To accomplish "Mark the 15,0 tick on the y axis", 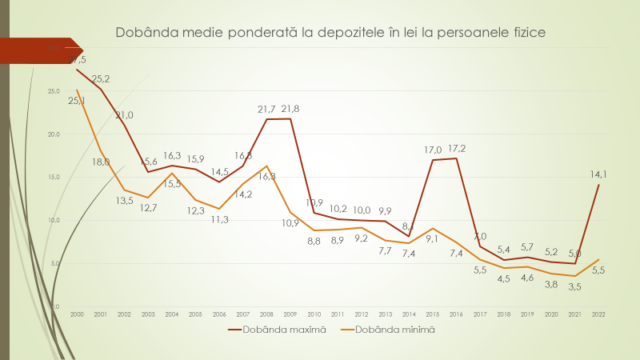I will coord(54,177).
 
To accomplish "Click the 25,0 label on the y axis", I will coord(54,90).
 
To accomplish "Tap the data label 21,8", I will coord(290,109).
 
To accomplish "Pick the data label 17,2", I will coord(456,149).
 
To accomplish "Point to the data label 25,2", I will coord(101,78).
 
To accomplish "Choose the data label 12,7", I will coord(149,208).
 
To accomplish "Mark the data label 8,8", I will coord(314,240).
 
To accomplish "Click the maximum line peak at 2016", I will coord(456,158).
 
